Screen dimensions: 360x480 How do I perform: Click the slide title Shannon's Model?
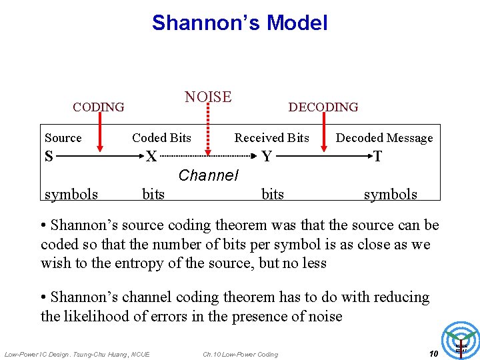(x=239, y=23)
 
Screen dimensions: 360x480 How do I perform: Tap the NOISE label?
(x=208, y=97)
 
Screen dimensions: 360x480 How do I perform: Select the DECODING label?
(x=323, y=107)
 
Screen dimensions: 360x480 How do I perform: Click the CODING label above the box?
(x=98, y=107)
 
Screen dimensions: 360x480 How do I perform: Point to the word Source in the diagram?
(x=63, y=138)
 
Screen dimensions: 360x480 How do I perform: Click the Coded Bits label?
(x=161, y=138)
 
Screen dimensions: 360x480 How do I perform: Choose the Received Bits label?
(x=271, y=138)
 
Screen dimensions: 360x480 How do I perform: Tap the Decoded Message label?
(x=384, y=138)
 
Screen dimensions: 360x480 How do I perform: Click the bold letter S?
(x=49, y=157)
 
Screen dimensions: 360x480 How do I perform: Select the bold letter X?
(x=152, y=157)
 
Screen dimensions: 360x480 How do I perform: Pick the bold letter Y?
(x=267, y=157)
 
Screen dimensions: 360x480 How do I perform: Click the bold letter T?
(x=378, y=157)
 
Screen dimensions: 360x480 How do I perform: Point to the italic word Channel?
(x=208, y=176)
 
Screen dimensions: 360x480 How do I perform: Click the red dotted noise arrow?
(x=208, y=130)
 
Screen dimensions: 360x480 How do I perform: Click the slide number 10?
(x=433, y=353)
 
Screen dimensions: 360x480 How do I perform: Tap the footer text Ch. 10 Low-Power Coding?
(x=240, y=353)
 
